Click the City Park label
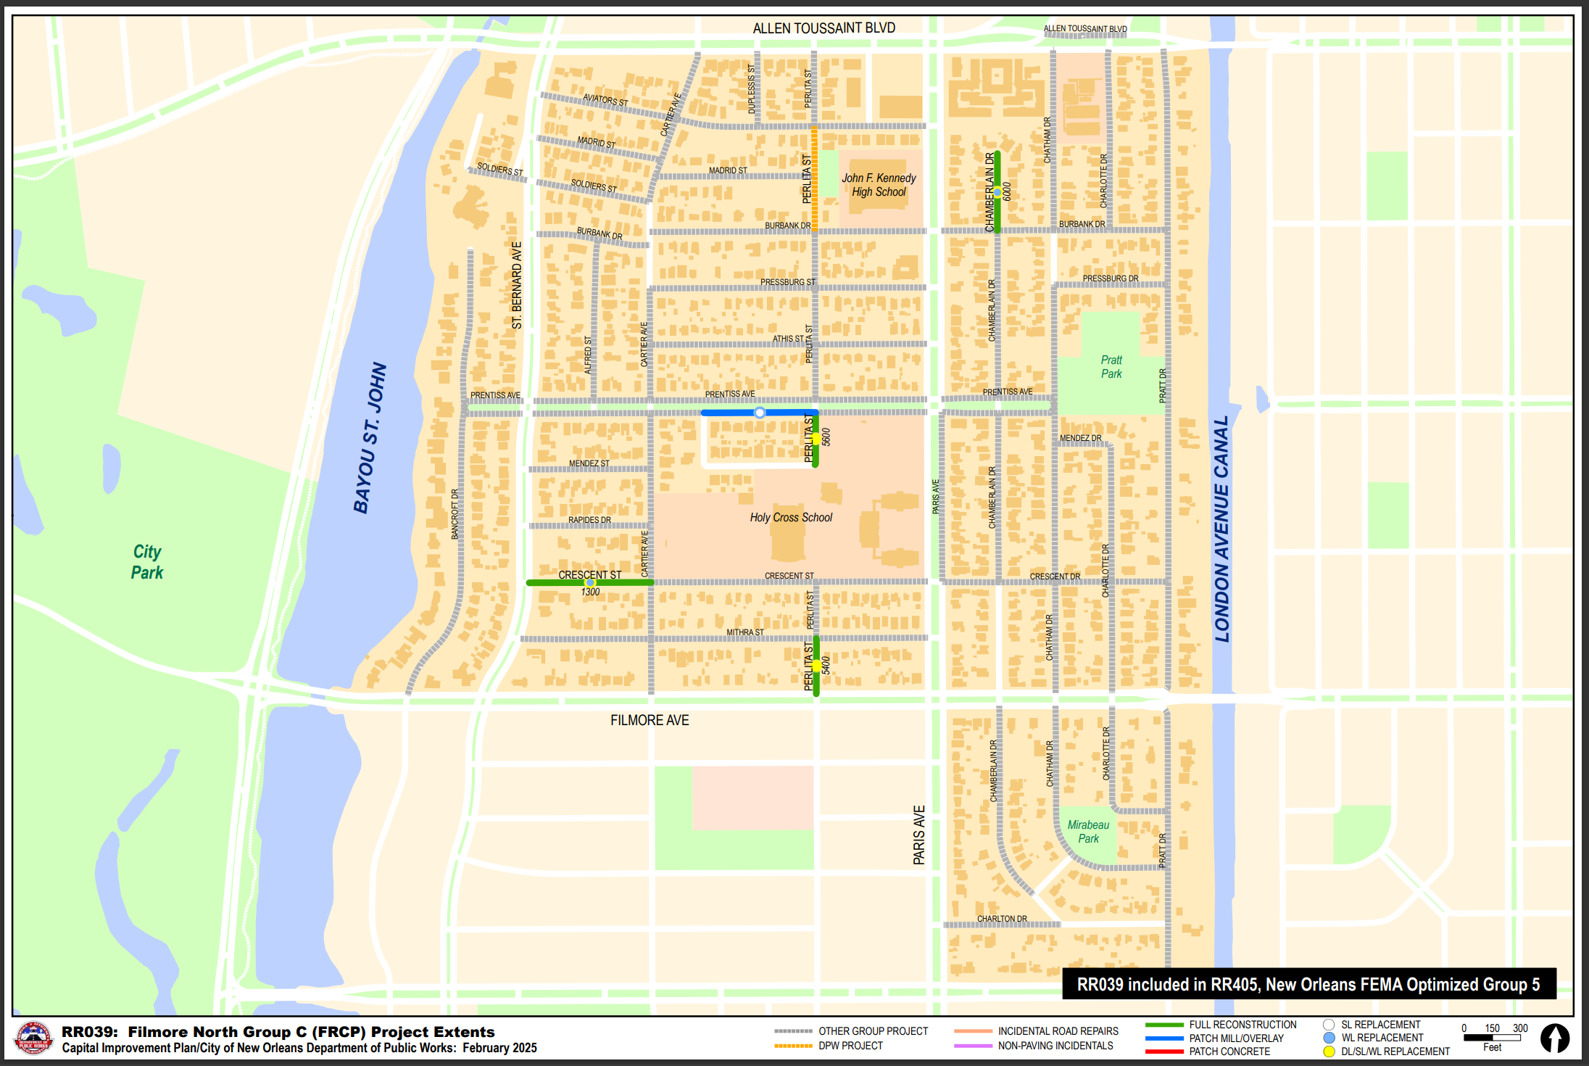pos(147,562)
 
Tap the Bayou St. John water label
pos(370,438)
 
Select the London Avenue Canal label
pos(1222,529)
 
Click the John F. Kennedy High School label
pos(879,185)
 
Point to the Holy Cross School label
pos(791,518)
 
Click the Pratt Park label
pos(1111,367)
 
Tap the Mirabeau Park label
pos(1088,832)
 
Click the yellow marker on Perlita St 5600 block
pos(816,439)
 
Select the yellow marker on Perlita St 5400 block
pos(816,666)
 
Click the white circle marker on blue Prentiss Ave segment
pos(760,413)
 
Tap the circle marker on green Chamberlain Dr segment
pos(997,192)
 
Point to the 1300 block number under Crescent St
pos(590,592)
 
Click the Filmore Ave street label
pos(650,720)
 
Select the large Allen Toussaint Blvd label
pos(823,28)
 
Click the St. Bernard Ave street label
pos(517,286)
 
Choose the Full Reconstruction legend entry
pos(1242,1025)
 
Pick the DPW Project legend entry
pos(850,1046)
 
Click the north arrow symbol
pos(1554,1038)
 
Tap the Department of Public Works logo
pos(33,1038)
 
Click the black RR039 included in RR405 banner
pos(1308,984)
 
